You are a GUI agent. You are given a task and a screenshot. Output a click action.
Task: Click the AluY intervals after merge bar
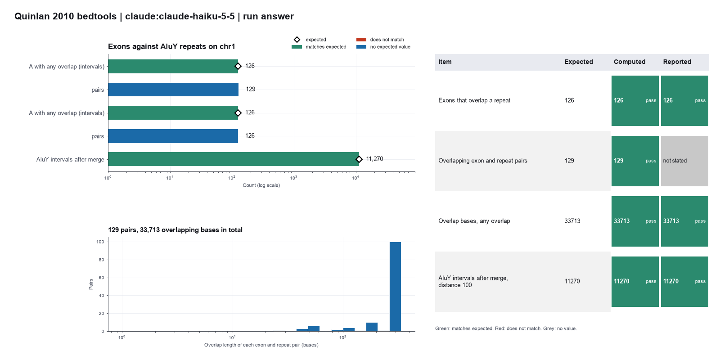point(234,159)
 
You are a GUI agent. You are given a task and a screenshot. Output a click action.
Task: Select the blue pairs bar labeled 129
point(173,90)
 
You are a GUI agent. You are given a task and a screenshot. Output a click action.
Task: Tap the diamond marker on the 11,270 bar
point(359,159)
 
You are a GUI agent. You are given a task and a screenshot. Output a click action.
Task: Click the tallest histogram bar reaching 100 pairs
point(396,286)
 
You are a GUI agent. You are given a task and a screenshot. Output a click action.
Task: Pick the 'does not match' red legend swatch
point(361,40)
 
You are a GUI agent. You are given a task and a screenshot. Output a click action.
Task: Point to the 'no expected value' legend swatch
point(361,47)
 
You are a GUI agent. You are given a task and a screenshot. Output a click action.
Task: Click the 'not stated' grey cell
point(684,161)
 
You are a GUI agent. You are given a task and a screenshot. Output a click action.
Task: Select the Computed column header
point(630,62)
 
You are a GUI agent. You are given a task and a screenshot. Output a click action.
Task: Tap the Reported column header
point(677,62)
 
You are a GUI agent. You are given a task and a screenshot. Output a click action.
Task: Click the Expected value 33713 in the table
point(572,221)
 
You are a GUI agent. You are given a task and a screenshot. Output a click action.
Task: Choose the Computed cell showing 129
point(635,161)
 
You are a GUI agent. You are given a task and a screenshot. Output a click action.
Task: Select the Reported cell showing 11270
point(684,282)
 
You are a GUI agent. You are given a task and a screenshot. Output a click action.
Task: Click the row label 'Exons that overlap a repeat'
point(474,100)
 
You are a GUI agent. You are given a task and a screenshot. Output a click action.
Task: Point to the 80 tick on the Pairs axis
point(101,260)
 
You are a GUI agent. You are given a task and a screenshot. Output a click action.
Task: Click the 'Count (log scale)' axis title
point(261,185)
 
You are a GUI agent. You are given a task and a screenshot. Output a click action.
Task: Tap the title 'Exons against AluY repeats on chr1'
point(171,47)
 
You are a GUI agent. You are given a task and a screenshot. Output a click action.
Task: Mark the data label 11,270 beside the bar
point(374,159)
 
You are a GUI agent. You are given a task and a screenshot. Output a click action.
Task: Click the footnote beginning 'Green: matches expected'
point(506,328)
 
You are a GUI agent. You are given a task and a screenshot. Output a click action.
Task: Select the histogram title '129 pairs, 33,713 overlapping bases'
point(175,230)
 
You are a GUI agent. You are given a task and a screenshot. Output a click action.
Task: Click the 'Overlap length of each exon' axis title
point(261,345)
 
